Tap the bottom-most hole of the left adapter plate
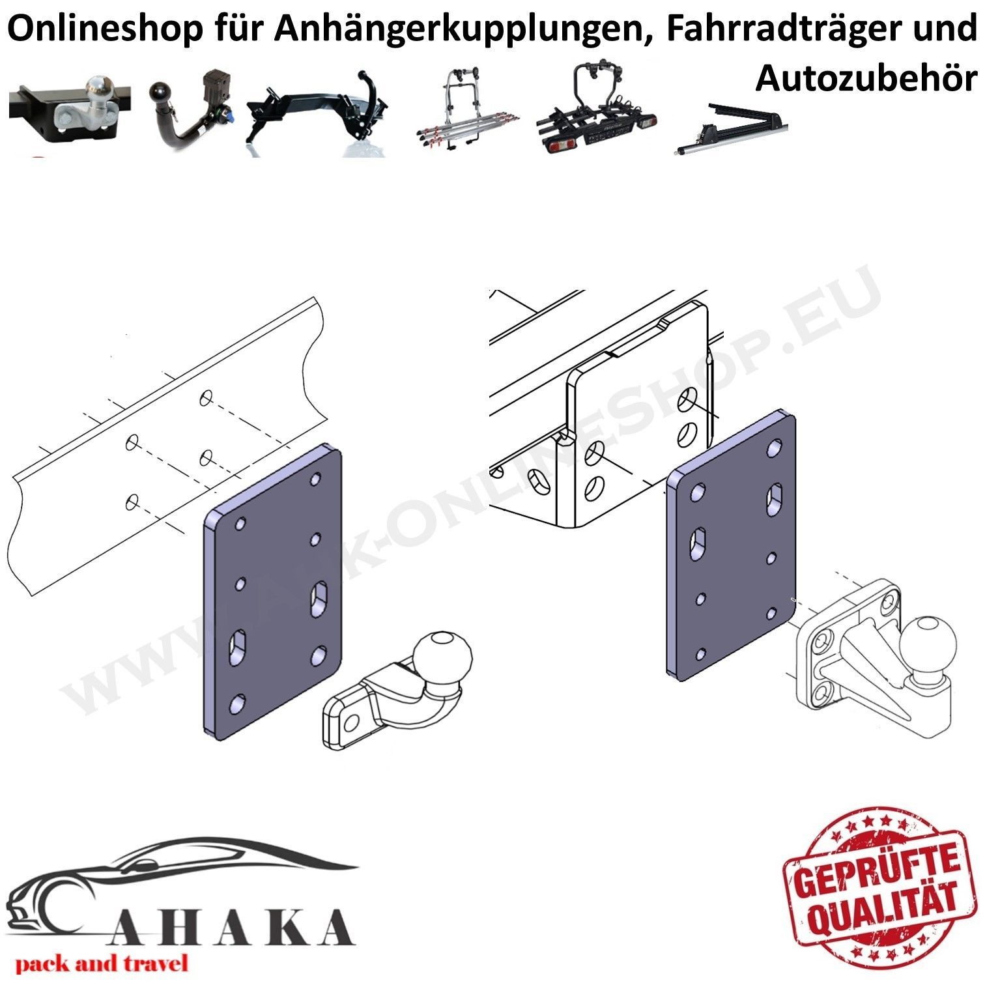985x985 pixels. [x=238, y=703]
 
